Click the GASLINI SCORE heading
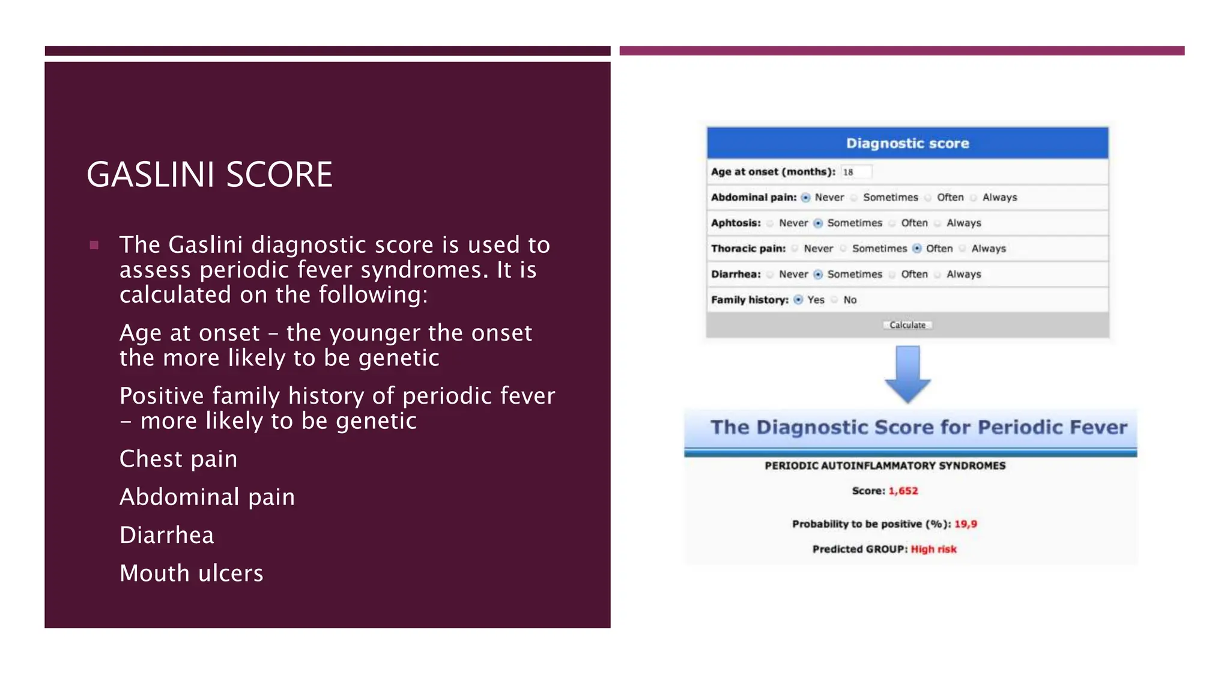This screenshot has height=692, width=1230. [209, 175]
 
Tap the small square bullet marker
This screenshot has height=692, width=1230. [94, 245]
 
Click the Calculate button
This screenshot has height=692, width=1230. [907, 325]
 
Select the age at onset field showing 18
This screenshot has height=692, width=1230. [855, 172]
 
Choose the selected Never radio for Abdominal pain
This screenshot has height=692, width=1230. [805, 198]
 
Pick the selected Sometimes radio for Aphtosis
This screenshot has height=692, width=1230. [818, 223]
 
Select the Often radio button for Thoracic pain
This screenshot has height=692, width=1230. [916, 249]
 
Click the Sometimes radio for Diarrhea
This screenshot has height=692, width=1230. [818, 275]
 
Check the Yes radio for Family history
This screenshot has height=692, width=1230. [798, 300]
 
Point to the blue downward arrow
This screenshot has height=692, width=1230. [907, 374]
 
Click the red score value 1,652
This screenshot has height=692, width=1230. [903, 491]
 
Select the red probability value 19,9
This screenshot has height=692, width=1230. [965, 524]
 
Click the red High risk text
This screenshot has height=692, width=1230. [933, 549]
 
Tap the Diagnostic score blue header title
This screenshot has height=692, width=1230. [907, 144]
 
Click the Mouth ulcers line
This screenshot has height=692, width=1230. [191, 573]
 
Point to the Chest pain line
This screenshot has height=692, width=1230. [178, 459]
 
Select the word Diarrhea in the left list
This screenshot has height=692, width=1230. [166, 535]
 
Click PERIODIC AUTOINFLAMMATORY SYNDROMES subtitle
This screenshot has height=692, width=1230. [885, 466]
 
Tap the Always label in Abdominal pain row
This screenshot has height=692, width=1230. [999, 198]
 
